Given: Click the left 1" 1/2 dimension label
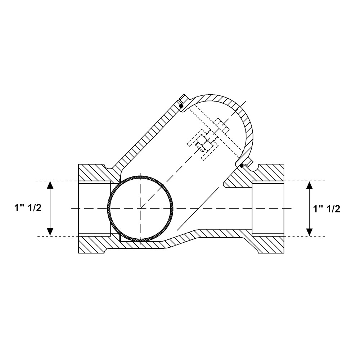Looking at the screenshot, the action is [x=28, y=208].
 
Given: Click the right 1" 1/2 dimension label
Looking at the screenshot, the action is [x=327, y=209].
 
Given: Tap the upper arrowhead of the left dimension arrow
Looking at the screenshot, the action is [x=50, y=185].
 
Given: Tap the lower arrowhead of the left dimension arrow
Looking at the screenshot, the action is [x=50, y=232].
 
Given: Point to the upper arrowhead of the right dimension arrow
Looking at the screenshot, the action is [x=310, y=185].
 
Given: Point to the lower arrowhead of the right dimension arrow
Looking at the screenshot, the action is [x=310, y=232].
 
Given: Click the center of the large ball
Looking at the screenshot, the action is [x=140, y=208].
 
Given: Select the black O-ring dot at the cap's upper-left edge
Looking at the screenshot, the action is [x=181, y=106].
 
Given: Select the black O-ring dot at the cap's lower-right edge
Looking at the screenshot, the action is [x=242, y=166].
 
